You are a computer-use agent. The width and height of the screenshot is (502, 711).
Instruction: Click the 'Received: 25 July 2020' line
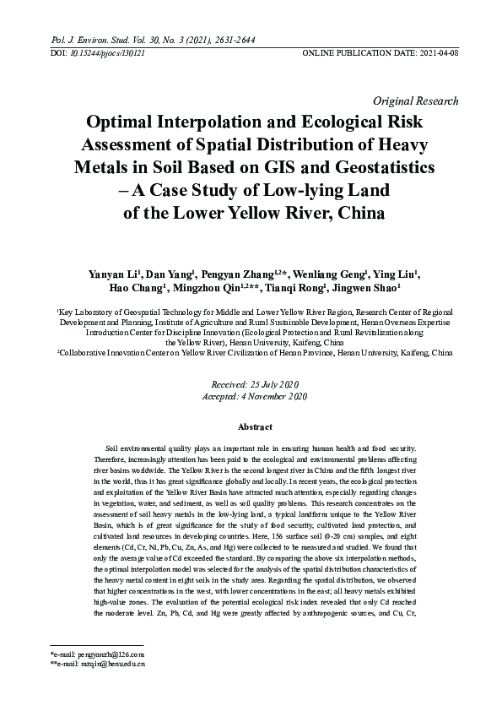pos(251,383)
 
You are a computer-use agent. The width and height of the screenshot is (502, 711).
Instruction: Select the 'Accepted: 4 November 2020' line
pos(251,396)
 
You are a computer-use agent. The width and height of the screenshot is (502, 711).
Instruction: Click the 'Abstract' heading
pos(251,427)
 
